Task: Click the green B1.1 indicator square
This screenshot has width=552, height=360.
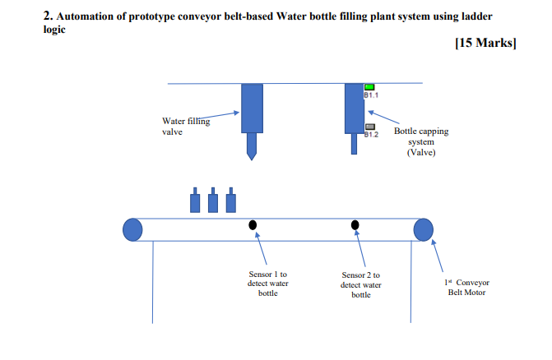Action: click(369, 87)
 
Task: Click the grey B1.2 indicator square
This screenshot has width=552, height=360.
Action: click(369, 127)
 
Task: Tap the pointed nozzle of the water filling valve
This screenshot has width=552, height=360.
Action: click(252, 149)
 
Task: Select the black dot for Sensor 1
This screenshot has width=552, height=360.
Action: click(253, 224)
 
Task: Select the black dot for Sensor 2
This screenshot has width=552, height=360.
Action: click(355, 224)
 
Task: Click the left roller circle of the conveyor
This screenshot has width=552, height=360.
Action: click(132, 229)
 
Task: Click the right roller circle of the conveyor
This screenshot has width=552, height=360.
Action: click(423, 229)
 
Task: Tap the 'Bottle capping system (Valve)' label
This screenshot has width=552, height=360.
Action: click(421, 141)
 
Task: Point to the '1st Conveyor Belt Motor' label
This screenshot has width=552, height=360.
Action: click(466, 287)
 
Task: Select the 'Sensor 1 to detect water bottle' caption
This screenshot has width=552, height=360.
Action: click(267, 283)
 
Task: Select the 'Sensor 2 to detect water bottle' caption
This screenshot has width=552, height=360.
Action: click(361, 284)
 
